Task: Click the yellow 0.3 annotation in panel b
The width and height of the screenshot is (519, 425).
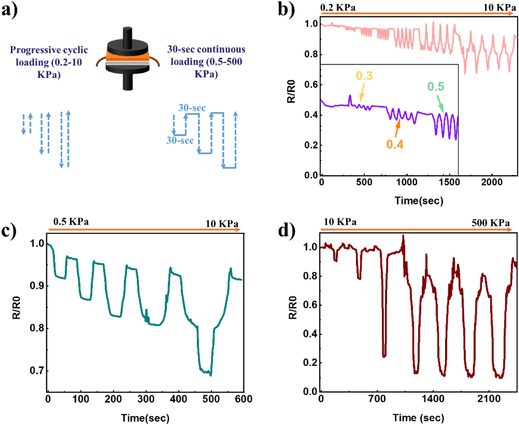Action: point(364,76)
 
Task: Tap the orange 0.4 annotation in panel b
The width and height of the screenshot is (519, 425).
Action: point(395,144)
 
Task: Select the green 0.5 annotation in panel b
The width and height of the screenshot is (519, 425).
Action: point(435,86)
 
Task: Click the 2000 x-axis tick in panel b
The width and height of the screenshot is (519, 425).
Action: point(491,182)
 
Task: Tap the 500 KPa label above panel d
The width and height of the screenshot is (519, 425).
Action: point(491,223)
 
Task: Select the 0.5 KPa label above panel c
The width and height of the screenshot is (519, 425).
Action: point(71,221)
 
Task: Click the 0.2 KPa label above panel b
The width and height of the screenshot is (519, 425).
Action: point(338,7)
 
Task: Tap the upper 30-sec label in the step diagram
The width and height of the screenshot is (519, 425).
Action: point(192,108)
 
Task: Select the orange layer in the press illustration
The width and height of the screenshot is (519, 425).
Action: point(128,56)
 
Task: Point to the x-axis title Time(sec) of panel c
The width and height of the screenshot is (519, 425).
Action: point(145,418)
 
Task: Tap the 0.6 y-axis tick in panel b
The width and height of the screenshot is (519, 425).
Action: point(311,85)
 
